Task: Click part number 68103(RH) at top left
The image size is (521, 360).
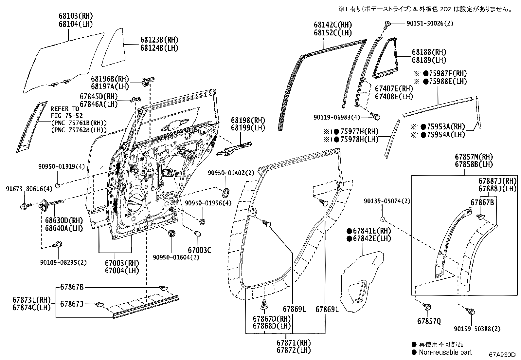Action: click(76, 15)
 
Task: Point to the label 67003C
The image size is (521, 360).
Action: click(199, 250)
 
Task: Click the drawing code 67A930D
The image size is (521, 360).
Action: click(502, 355)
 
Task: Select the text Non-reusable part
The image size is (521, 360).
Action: click(445, 352)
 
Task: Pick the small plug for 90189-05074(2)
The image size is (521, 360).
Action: click(383, 218)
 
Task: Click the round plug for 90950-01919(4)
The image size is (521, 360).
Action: click(58, 186)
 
